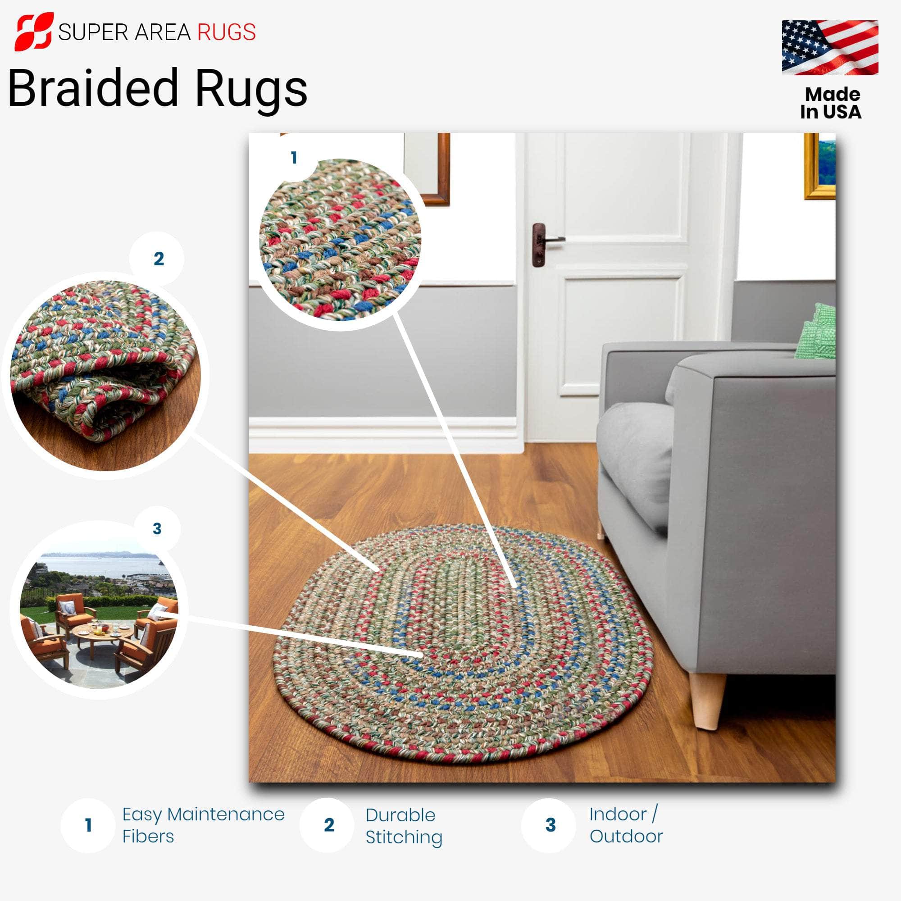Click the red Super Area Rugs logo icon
point(34,31)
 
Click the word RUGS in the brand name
point(226,32)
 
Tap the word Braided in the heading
point(93,88)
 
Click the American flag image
point(830,47)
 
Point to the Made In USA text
point(831,103)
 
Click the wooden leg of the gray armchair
point(707,700)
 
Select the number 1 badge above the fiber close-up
point(294,158)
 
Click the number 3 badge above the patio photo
point(157,528)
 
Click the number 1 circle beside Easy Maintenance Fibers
point(88,825)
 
